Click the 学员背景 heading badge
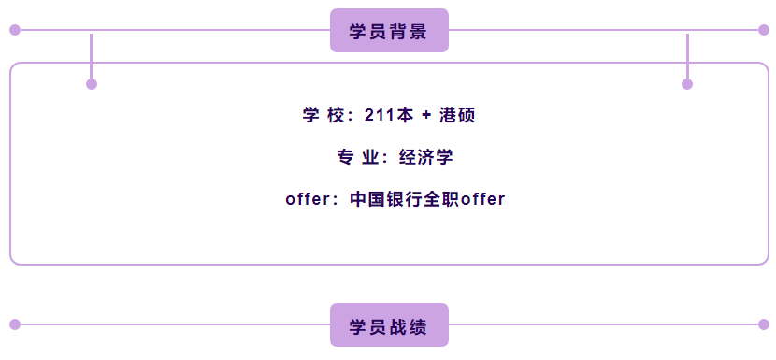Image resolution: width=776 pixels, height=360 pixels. pos(389,30)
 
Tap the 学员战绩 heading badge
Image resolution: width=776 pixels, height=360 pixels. pos(389,324)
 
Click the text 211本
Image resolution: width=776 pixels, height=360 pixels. pos(389,115)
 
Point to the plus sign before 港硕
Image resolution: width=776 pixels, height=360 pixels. pos(426,116)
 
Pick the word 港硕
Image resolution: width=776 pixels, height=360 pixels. pos(457,115)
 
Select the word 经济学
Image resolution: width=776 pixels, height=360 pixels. pos(426,157)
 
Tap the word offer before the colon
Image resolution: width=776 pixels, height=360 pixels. pos(308,199)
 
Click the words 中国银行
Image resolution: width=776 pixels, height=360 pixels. pos(386,199)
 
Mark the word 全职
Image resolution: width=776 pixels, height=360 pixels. pos(441,199)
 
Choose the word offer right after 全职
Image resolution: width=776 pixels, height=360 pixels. pos(483,199)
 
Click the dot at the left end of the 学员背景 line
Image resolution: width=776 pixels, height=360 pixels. pos(15,30)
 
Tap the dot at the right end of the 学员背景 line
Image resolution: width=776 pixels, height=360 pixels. pos(764,30)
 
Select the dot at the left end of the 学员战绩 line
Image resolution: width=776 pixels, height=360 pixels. pos(15,324)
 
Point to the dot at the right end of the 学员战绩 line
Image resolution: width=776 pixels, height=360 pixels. pos(764,324)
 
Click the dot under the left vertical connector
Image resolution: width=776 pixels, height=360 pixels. pos(92,84)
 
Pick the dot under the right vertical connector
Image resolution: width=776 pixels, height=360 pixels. pos(687,84)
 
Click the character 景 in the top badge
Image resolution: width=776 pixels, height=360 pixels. pos(418,32)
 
